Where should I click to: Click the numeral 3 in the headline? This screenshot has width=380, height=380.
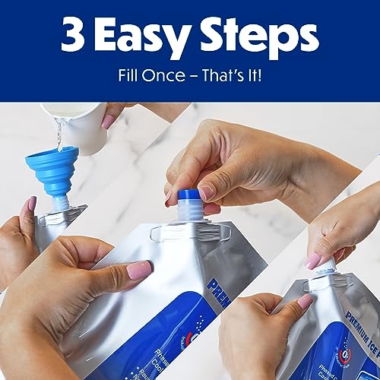75,37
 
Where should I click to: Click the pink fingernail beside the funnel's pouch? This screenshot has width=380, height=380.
31,205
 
